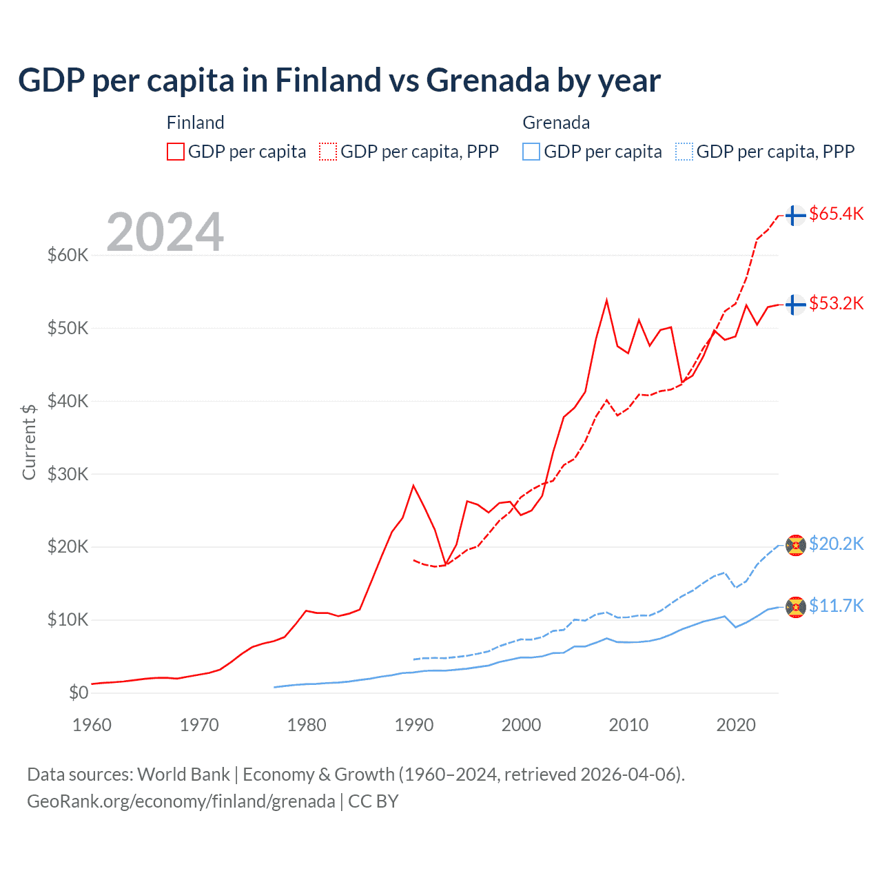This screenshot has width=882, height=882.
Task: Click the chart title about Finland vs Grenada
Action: point(339,81)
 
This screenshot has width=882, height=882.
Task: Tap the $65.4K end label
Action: point(836,214)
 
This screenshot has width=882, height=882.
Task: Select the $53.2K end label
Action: point(836,303)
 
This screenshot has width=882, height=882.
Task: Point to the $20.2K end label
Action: point(836,544)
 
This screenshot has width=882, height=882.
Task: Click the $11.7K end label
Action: point(836,606)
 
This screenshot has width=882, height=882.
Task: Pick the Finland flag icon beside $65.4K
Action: point(796,216)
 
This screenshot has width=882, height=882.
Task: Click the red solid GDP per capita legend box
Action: point(176,152)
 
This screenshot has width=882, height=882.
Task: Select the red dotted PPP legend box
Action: point(328,152)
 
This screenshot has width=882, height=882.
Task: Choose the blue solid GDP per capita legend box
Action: point(531,152)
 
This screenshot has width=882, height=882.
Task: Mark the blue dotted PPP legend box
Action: point(684,152)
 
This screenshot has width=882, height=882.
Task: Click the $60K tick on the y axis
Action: point(68,255)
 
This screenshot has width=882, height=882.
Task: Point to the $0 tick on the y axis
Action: point(79,693)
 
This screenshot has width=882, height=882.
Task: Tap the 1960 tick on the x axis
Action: point(92,725)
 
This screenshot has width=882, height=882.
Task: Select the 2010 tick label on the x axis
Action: point(628,725)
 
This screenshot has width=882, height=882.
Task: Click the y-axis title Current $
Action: point(29,442)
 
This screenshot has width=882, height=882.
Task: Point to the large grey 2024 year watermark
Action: point(165,232)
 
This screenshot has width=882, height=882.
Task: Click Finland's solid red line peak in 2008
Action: point(606,300)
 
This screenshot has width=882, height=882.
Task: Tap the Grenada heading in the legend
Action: point(556,123)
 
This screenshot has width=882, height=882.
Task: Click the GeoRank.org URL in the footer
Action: point(181,801)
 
